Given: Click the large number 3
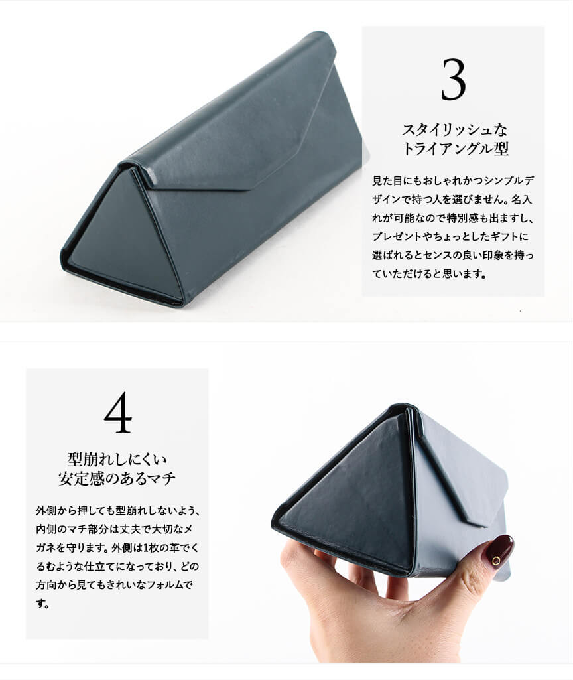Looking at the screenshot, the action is coord(454,80).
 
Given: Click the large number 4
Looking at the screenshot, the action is coord(117,412).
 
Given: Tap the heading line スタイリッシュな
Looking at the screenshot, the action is coord(454,129).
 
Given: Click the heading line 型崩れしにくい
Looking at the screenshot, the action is coord(117,459).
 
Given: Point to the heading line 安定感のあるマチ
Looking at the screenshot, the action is coord(117,479).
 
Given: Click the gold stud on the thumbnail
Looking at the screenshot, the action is coord(496,561).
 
